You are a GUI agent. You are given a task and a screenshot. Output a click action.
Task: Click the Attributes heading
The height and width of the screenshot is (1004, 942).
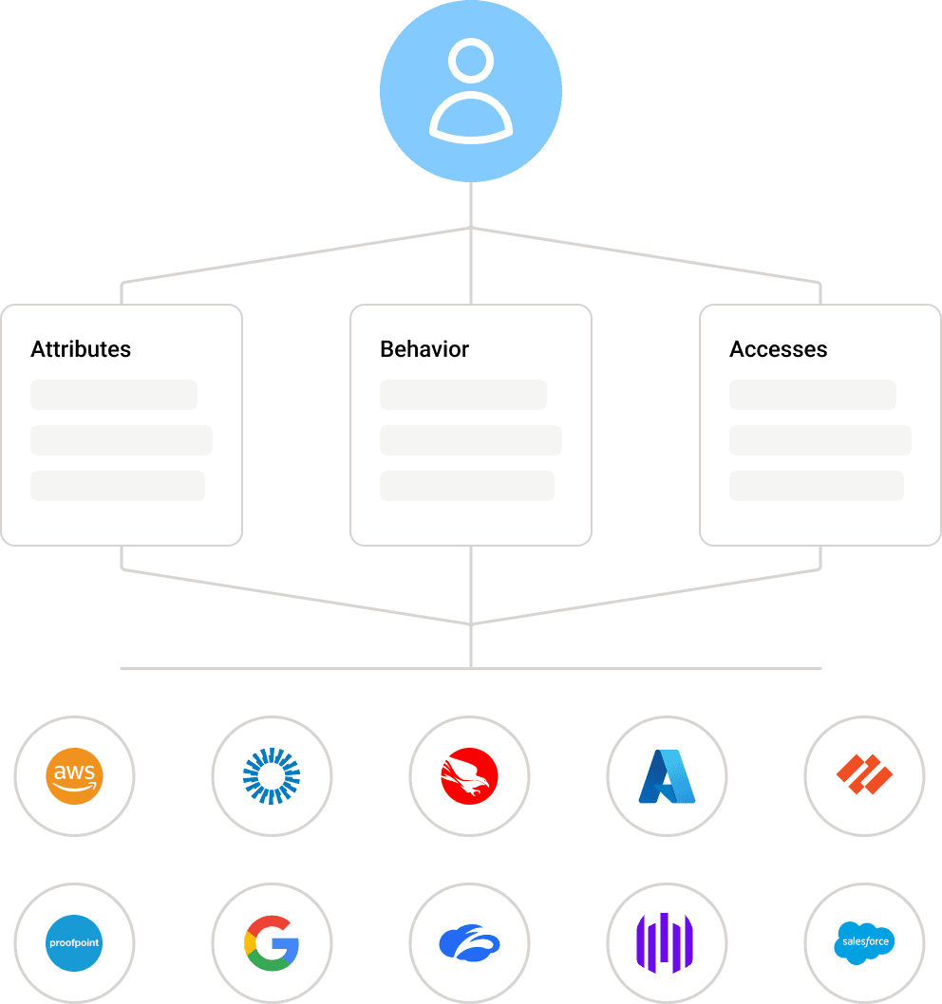(x=81, y=349)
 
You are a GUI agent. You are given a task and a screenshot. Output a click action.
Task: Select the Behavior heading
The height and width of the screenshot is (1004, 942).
(x=424, y=349)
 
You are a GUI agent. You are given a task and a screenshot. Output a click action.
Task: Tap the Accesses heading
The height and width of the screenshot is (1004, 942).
(x=778, y=349)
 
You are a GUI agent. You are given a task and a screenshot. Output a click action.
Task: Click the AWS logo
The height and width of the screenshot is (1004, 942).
(x=74, y=776)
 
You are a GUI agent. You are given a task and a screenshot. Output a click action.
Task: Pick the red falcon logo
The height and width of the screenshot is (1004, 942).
(x=470, y=776)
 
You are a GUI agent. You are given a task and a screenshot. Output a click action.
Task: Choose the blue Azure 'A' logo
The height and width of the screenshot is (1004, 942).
(x=668, y=776)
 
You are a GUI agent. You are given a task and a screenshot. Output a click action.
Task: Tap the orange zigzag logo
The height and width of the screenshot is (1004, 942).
(x=864, y=776)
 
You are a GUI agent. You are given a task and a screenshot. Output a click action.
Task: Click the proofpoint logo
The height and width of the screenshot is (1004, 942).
(x=74, y=943)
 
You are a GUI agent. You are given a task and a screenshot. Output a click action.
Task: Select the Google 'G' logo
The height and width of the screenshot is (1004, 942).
(x=272, y=943)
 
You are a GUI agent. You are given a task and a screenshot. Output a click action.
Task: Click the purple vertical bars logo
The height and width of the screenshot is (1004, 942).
(x=667, y=943)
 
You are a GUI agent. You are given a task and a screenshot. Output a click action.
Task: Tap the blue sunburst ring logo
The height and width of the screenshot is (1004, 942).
(x=272, y=776)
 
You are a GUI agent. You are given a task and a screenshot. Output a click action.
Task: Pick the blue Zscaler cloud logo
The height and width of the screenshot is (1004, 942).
(x=470, y=943)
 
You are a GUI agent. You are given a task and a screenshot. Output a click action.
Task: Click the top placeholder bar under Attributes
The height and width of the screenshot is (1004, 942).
(x=114, y=395)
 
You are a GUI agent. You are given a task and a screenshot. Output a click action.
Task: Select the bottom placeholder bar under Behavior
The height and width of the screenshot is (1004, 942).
(x=467, y=486)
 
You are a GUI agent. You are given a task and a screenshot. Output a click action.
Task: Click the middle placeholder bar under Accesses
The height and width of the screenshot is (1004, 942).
(x=820, y=440)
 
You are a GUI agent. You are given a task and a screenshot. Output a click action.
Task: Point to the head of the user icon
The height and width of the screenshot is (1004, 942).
(x=471, y=62)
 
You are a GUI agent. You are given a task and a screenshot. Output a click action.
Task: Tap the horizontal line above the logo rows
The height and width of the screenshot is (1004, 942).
(x=285, y=668)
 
